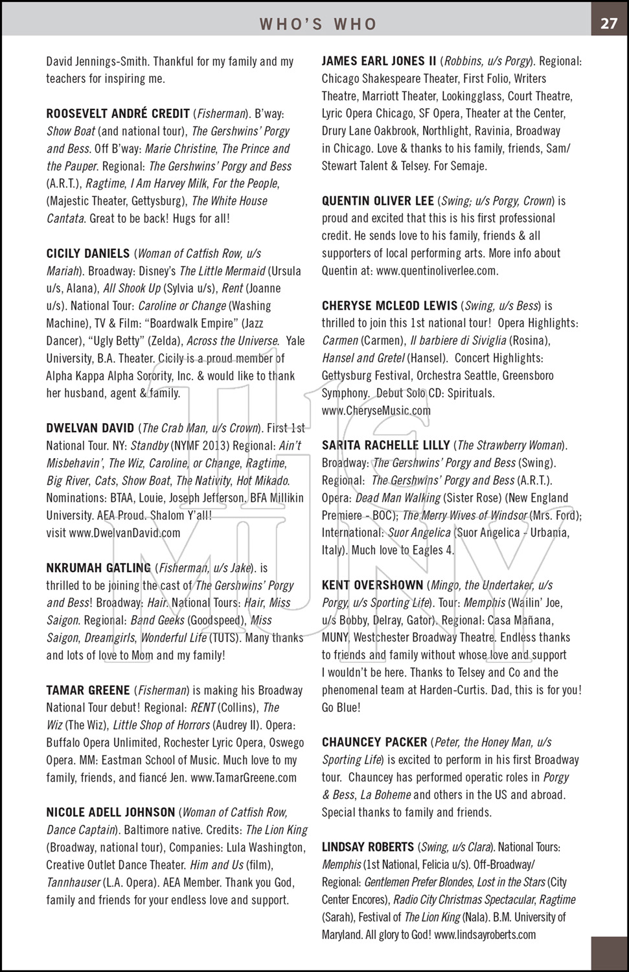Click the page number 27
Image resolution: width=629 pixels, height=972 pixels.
[x=609, y=23]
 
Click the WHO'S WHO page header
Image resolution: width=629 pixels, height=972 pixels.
[x=318, y=25]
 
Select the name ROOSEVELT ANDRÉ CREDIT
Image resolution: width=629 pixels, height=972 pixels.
[x=118, y=113]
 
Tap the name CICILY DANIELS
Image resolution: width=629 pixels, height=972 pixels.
[x=88, y=253]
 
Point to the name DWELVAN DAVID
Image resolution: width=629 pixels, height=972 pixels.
[x=90, y=428]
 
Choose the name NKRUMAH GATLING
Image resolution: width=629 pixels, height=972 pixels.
[x=98, y=568]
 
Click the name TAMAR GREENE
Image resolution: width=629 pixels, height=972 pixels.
[x=88, y=691]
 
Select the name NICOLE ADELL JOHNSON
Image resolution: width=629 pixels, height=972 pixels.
[x=111, y=813]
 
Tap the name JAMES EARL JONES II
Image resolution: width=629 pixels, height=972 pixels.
[x=379, y=62]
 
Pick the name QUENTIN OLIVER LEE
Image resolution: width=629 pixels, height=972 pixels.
[x=378, y=201]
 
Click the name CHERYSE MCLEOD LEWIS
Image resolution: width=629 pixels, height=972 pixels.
[x=389, y=306]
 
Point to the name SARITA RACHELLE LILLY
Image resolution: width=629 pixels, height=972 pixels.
[x=386, y=446]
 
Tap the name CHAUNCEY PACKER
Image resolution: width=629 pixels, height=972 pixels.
[x=374, y=743]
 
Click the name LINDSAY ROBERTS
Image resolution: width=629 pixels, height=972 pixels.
[x=368, y=848]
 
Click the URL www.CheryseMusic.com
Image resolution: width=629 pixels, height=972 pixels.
[x=376, y=411]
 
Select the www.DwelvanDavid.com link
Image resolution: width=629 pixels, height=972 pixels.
[x=124, y=533]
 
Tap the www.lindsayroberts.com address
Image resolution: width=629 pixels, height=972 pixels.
[x=485, y=935]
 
